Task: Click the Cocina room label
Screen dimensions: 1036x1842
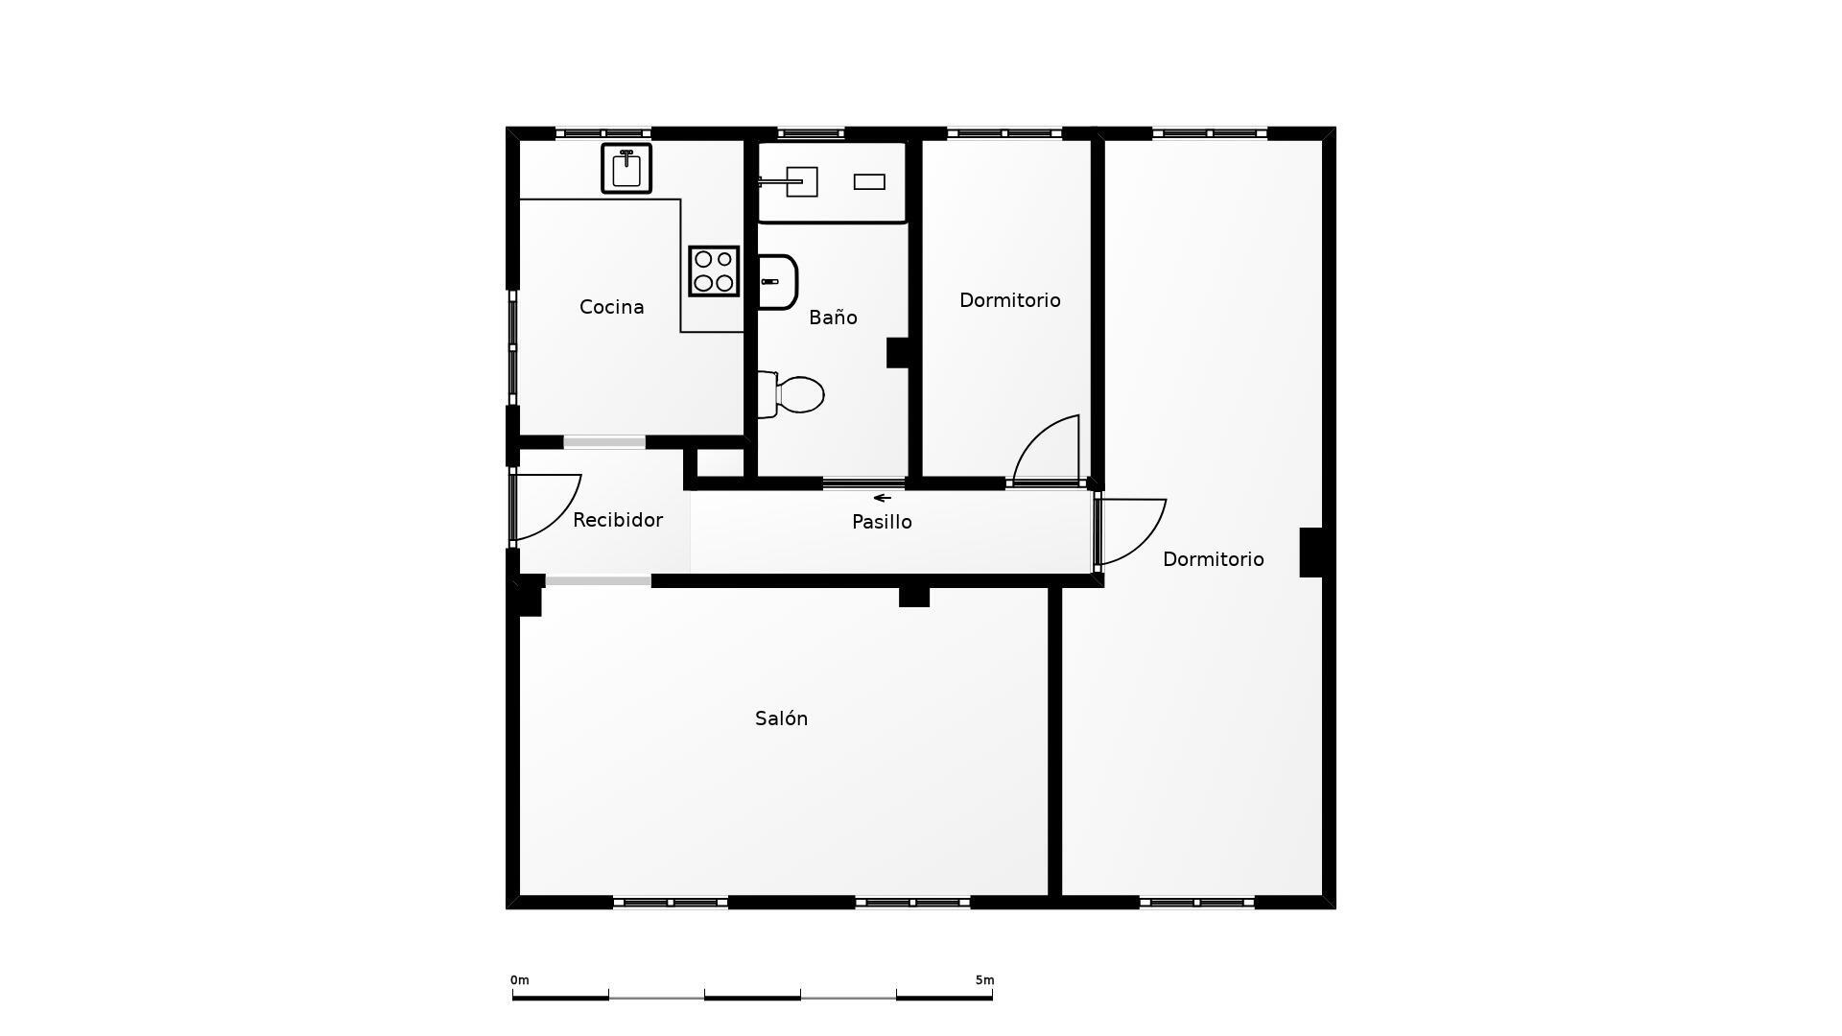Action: coord(611,307)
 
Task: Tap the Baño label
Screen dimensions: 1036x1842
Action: coord(833,318)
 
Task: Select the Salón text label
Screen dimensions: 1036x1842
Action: coord(781,718)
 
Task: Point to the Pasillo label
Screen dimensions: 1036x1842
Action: coord(882,522)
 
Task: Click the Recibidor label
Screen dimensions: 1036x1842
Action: coord(618,520)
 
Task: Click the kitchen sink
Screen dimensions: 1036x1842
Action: coord(626,169)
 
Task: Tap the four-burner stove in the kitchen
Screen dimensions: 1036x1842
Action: coord(714,271)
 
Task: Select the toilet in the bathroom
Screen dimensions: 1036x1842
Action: coord(792,394)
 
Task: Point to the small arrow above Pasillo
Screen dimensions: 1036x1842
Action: coord(883,498)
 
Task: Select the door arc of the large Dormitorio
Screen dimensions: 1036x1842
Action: coord(1132,530)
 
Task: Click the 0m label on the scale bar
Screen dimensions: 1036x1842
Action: coord(520,980)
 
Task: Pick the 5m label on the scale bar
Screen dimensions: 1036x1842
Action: coord(984,980)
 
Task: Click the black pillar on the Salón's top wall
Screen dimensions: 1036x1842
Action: coord(914,597)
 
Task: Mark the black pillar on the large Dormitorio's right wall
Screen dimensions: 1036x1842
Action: coord(1311,553)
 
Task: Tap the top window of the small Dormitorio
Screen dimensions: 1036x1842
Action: coord(1004,133)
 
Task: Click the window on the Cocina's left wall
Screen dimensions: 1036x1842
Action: coord(512,347)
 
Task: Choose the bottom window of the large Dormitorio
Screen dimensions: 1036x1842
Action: coord(1196,903)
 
